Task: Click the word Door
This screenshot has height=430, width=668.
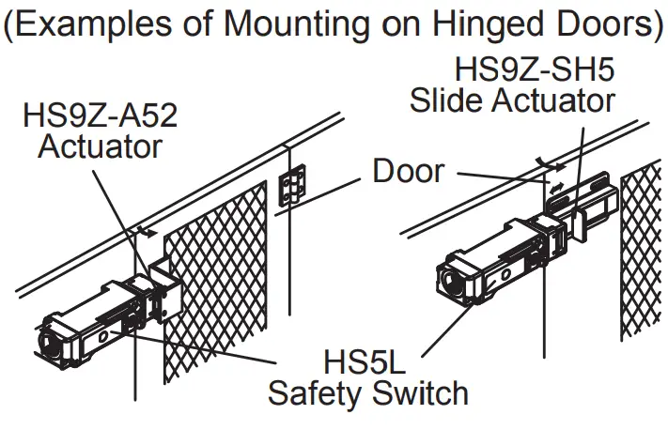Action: [408, 171]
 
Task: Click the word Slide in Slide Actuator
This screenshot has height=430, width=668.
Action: [445, 100]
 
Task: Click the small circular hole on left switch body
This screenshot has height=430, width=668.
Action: [100, 334]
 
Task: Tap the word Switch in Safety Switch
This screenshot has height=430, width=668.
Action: [420, 392]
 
